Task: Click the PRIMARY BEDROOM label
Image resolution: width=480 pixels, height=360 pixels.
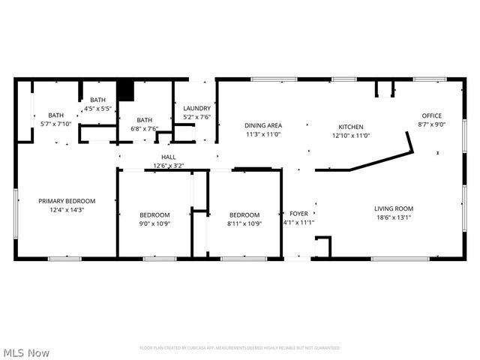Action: [x=67, y=201]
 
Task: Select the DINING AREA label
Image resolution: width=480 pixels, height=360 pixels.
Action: [x=263, y=125]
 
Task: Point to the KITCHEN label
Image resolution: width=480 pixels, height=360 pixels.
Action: [x=351, y=127]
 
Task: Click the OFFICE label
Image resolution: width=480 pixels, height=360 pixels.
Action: [x=431, y=115]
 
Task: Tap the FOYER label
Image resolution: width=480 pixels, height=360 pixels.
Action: [x=298, y=214]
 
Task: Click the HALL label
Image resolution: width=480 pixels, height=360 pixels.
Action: [x=169, y=157]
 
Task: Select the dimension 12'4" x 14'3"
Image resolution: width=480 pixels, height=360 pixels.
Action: [x=67, y=210]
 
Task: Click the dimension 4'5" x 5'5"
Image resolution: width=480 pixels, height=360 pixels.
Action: [x=98, y=109]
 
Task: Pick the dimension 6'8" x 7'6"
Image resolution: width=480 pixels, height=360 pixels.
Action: [x=144, y=128]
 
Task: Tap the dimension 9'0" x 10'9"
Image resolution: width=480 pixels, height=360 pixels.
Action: [x=154, y=223]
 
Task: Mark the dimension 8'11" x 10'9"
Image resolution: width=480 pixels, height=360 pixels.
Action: [x=244, y=223]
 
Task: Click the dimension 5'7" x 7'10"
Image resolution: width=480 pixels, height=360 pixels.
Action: [x=56, y=124]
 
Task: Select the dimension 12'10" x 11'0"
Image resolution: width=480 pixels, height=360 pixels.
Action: [x=351, y=136]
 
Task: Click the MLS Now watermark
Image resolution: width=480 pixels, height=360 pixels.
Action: [x=26, y=352]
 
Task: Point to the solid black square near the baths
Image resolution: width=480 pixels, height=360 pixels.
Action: [x=125, y=90]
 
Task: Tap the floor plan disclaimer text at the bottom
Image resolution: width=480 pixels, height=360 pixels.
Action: [x=240, y=348]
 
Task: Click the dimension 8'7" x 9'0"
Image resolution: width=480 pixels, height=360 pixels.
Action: [x=431, y=124]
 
